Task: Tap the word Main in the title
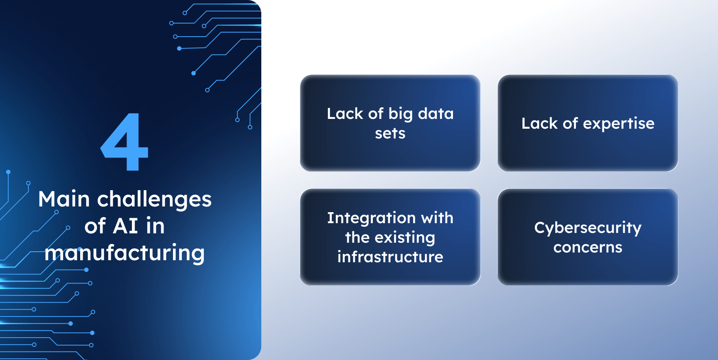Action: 64,199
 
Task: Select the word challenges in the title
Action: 154,199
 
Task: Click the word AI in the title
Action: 125,226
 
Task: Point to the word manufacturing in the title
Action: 125,253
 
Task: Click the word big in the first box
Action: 401,114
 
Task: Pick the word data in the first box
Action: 436,114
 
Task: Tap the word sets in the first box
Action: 390,133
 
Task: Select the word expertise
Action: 619,123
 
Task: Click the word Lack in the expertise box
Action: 539,123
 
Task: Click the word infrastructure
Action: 390,257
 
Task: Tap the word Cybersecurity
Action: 588,228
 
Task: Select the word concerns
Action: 588,247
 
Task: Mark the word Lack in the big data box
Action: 345,114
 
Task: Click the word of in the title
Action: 95,226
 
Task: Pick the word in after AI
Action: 155,226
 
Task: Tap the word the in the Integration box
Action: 357,237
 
